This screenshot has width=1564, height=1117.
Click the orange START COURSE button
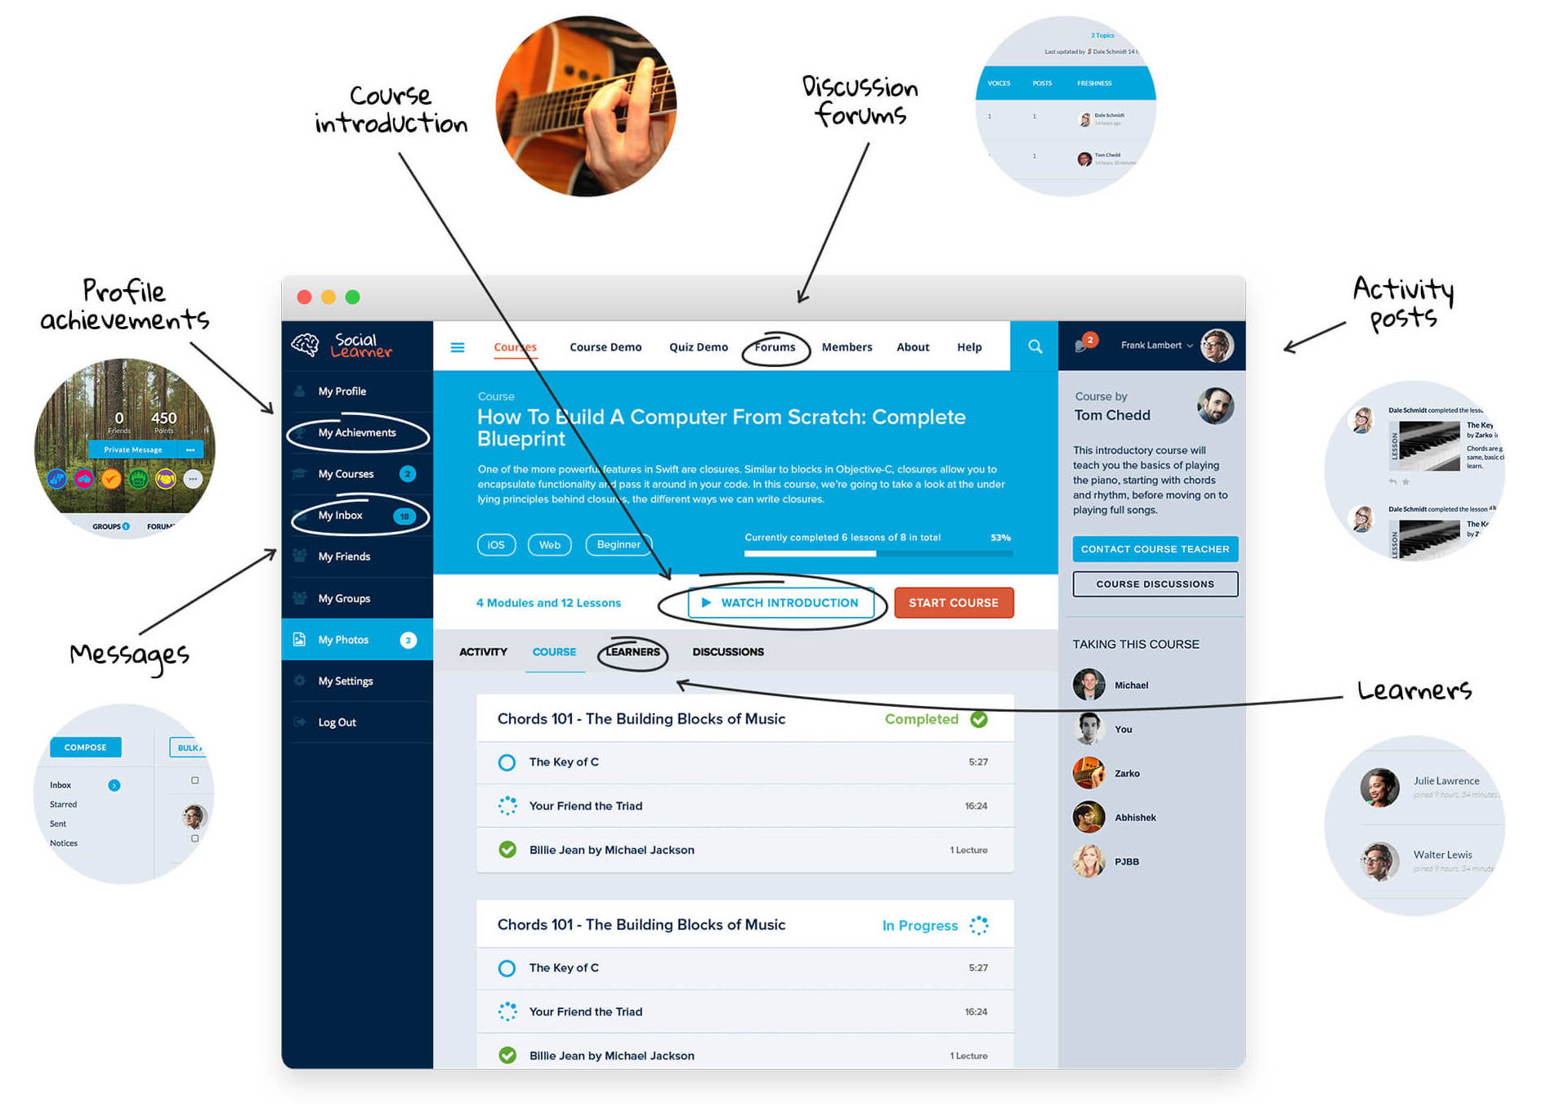click(x=953, y=603)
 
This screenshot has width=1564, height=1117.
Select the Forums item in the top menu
click(x=774, y=347)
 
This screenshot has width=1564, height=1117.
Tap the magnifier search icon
click(x=1034, y=346)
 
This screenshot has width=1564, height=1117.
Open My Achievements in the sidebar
click(x=357, y=433)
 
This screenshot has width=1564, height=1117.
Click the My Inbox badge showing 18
click(x=404, y=516)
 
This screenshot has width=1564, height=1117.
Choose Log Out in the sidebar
click(x=337, y=722)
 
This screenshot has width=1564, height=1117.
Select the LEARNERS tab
click(x=632, y=652)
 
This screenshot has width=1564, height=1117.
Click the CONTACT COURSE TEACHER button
click(x=1154, y=549)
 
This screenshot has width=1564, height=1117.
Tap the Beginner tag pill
click(x=619, y=545)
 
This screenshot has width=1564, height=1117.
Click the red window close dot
click(x=304, y=297)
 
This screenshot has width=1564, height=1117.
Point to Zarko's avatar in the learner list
click(x=1088, y=773)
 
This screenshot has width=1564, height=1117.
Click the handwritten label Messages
click(x=129, y=655)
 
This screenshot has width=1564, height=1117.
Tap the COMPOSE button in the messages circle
click(x=86, y=747)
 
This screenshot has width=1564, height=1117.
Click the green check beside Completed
click(x=978, y=719)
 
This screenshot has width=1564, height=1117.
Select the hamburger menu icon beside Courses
click(x=458, y=347)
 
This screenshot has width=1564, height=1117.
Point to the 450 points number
click(x=163, y=418)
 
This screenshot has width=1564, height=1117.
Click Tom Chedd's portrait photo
click(x=1215, y=406)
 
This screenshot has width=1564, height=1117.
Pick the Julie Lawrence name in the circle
click(x=1446, y=780)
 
